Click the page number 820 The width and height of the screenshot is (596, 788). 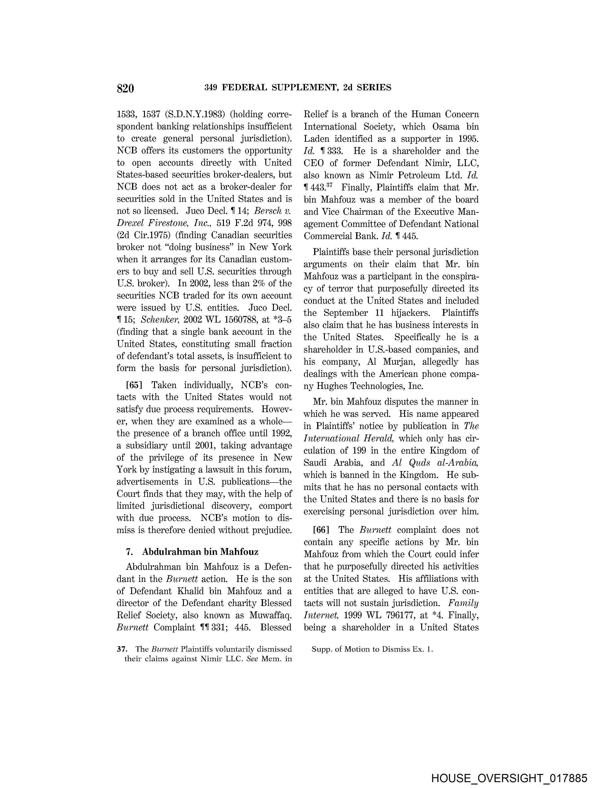tap(125, 88)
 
